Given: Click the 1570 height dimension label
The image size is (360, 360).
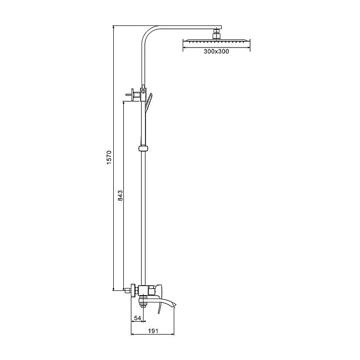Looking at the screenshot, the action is tap(109, 157).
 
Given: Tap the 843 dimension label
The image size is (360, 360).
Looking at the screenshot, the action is tap(120, 195).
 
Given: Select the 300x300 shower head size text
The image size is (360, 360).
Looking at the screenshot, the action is tap(216, 51).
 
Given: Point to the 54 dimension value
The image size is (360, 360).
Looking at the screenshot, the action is tap(138, 318).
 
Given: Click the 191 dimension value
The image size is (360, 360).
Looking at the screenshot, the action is tap(153, 331).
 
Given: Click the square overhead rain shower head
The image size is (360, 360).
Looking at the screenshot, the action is tap(216, 41).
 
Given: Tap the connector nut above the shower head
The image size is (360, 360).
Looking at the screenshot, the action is tap(217, 34).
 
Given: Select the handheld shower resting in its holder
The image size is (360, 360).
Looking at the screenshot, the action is tap(148, 102).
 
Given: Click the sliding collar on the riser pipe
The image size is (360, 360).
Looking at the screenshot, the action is tap(143, 148).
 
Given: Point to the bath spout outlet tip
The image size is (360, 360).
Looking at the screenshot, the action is tap(175, 305).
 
